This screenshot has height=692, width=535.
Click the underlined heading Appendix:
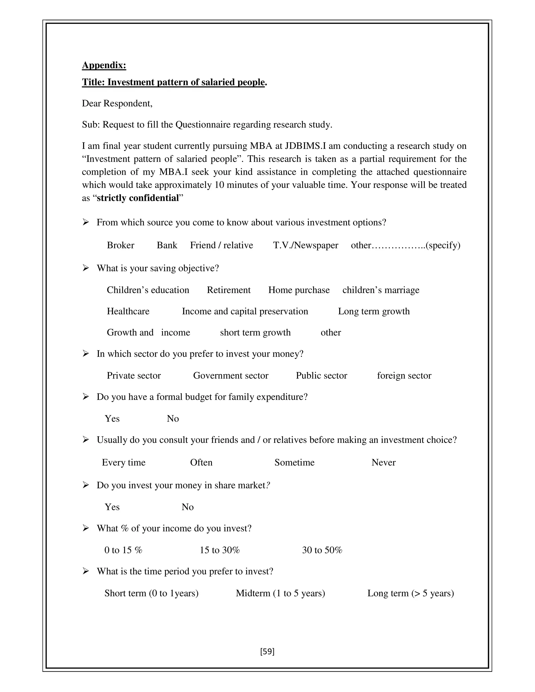[x=104, y=65]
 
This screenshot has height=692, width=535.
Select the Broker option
[x=120, y=245]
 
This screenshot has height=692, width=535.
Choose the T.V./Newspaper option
[x=306, y=245]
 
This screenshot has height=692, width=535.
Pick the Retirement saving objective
[x=229, y=290]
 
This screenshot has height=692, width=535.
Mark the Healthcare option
[x=128, y=311]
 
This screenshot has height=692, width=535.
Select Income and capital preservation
[x=245, y=311]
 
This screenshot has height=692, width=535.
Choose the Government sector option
[x=230, y=376]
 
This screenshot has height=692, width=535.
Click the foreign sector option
[x=404, y=376]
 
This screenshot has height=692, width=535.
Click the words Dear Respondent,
[x=117, y=103]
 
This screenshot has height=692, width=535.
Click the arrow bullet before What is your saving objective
[x=86, y=268]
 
